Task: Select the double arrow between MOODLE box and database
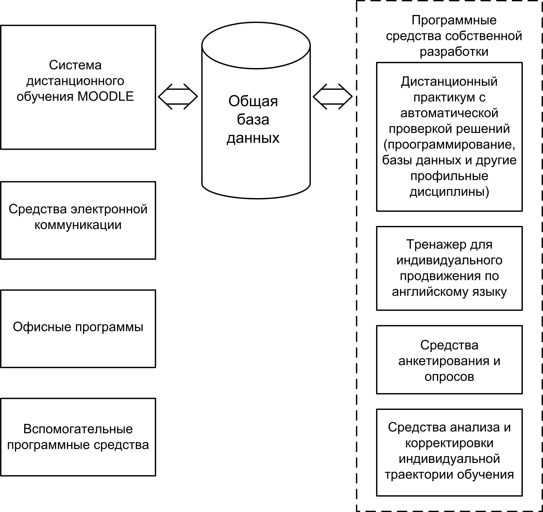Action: pyautogui.click(x=178, y=96)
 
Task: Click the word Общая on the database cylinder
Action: pyautogui.click(x=253, y=101)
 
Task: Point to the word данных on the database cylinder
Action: pyautogui.click(x=253, y=138)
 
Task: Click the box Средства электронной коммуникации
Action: pyautogui.click(x=78, y=220)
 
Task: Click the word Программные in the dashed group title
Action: pyautogui.click(x=454, y=20)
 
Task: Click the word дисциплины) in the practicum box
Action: pyautogui.click(x=449, y=192)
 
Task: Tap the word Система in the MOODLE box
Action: pyautogui.click(x=75, y=65)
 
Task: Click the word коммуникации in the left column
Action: pyautogui.click(x=78, y=225)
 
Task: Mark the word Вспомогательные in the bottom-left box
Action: pyautogui.click(x=78, y=429)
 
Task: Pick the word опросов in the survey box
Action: pyautogui.click(x=449, y=376)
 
